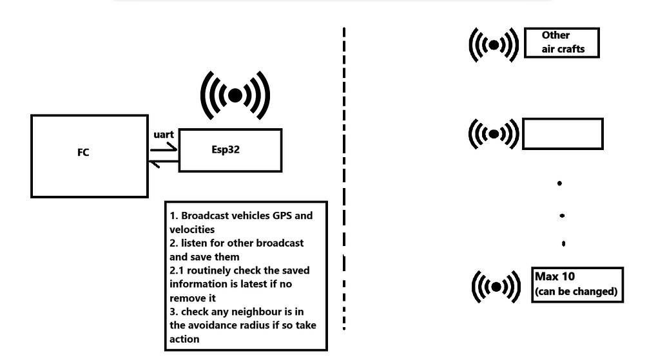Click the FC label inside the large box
click(x=82, y=153)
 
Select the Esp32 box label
click(x=226, y=149)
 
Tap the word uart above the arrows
click(x=164, y=135)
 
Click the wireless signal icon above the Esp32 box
click(x=235, y=96)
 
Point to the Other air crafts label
click(x=561, y=42)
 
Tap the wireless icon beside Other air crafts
click(x=494, y=44)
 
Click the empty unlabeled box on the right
click(x=562, y=134)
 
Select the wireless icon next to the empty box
click(x=494, y=134)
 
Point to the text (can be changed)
click(x=575, y=291)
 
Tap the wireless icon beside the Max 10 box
click(x=496, y=286)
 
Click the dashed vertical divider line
click(x=344, y=180)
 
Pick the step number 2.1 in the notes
click(x=177, y=270)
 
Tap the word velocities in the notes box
click(x=192, y=229)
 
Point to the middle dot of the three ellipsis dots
click(x=563, y=215)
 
